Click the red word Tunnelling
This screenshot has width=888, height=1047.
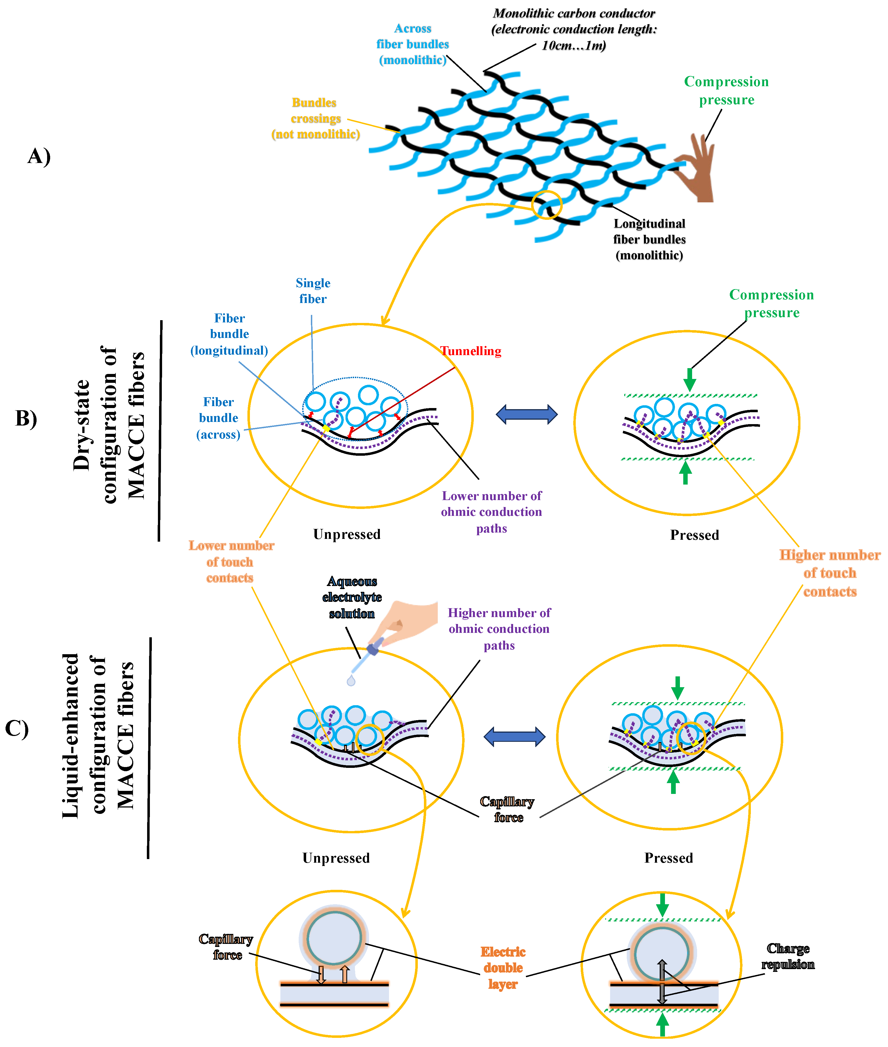pyautogui.click(x=471, y=351)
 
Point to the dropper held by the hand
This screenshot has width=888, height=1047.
pyautogui.click(x=367, y=656)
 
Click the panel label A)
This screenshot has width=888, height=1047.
pyautogui.click(x=39, y=156)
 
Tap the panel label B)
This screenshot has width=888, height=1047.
pyautogui.click(x=26, y=419)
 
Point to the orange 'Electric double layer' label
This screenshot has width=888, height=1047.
pyautogui.click(x=503, y=967)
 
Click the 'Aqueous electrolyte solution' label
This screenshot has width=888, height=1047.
pyautogui.click(x=352, y=597)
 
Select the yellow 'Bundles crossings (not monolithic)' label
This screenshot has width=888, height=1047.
pyautogui.click(x=316, y=118)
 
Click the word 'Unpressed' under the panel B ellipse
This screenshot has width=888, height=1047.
pyautogui.click(x=347, y=534)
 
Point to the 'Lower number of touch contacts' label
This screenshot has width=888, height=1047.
pyautogui.click(x=231, y=562)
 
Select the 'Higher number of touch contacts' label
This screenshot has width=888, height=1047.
pyautogui.click(x=830, y=573)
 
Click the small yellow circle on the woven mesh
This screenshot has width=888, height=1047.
pyautogui.click(x=547, y=205)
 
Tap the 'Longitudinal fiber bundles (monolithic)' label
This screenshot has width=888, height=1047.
pyautogui.click(x=649, y=239)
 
